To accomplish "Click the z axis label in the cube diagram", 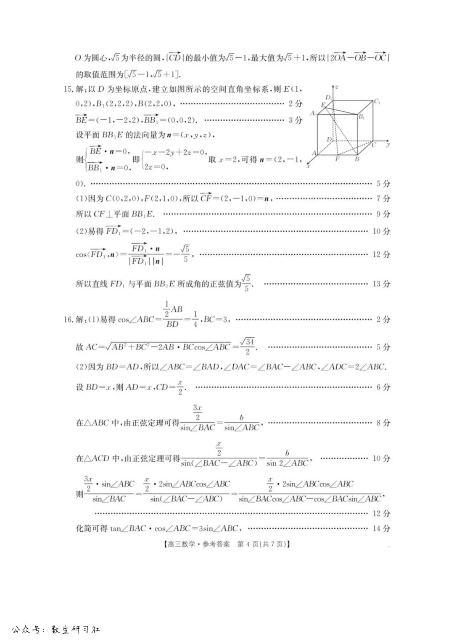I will (x=337, y=87).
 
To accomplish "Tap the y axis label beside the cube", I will (x=388, y=144).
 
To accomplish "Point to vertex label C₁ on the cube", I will (x=377, y=101).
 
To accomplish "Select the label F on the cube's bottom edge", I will (x=337, y=159).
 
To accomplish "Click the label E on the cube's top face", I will (x=323, y=105).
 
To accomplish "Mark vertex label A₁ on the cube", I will (x=313, y=113).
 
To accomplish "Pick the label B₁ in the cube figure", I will (x=362, y=117).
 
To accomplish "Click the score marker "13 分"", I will (x=381, y=284).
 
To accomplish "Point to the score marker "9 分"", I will (x=383, y=214).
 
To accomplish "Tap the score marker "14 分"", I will (x=381, y=528).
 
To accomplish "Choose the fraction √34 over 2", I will (x=248, y=346).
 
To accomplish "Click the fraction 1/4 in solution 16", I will (x=195, y=320).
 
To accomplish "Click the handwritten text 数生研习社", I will (x=75, y=630).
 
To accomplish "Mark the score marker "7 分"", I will (x=383, y=198).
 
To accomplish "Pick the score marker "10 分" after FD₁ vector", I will (x=381, y=231).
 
